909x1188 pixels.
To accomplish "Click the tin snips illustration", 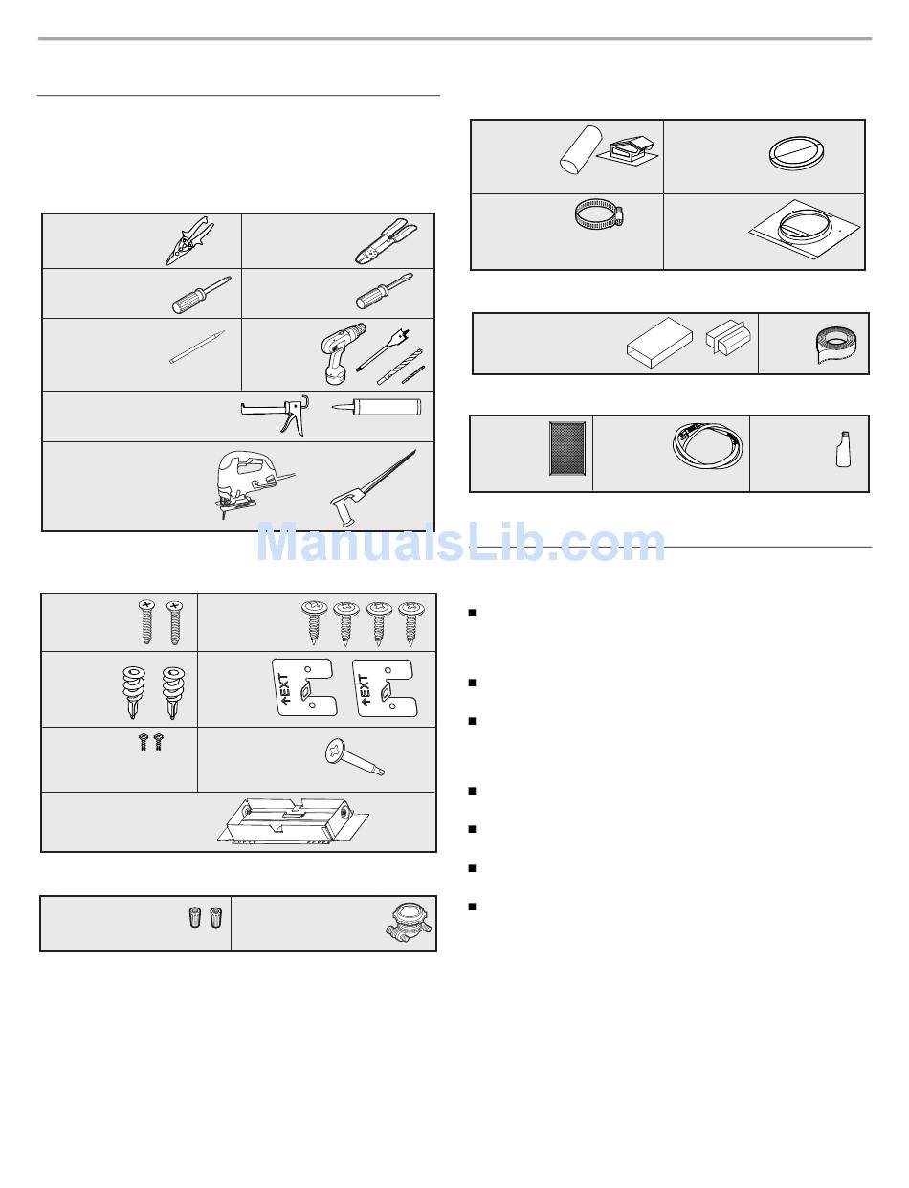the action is [x=189, y=240].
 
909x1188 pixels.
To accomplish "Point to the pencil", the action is [x=197, y=347].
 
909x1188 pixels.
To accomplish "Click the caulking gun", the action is [x=275, y=415].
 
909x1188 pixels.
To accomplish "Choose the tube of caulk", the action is [x=376, y=407].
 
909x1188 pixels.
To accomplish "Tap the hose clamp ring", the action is [x=599, y=213].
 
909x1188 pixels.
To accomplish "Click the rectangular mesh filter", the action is [x=567, y=448].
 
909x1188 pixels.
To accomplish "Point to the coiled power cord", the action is [x=707, y=445].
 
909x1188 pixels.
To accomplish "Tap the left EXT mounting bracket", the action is [x=305, y=687].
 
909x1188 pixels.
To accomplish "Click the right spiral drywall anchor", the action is [x=173, y=693].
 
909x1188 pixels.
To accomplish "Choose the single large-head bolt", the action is [x=355, y=757].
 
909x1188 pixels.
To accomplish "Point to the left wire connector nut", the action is [x=194, y=917].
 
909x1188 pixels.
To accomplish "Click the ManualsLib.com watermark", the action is [x=460, y=543].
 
